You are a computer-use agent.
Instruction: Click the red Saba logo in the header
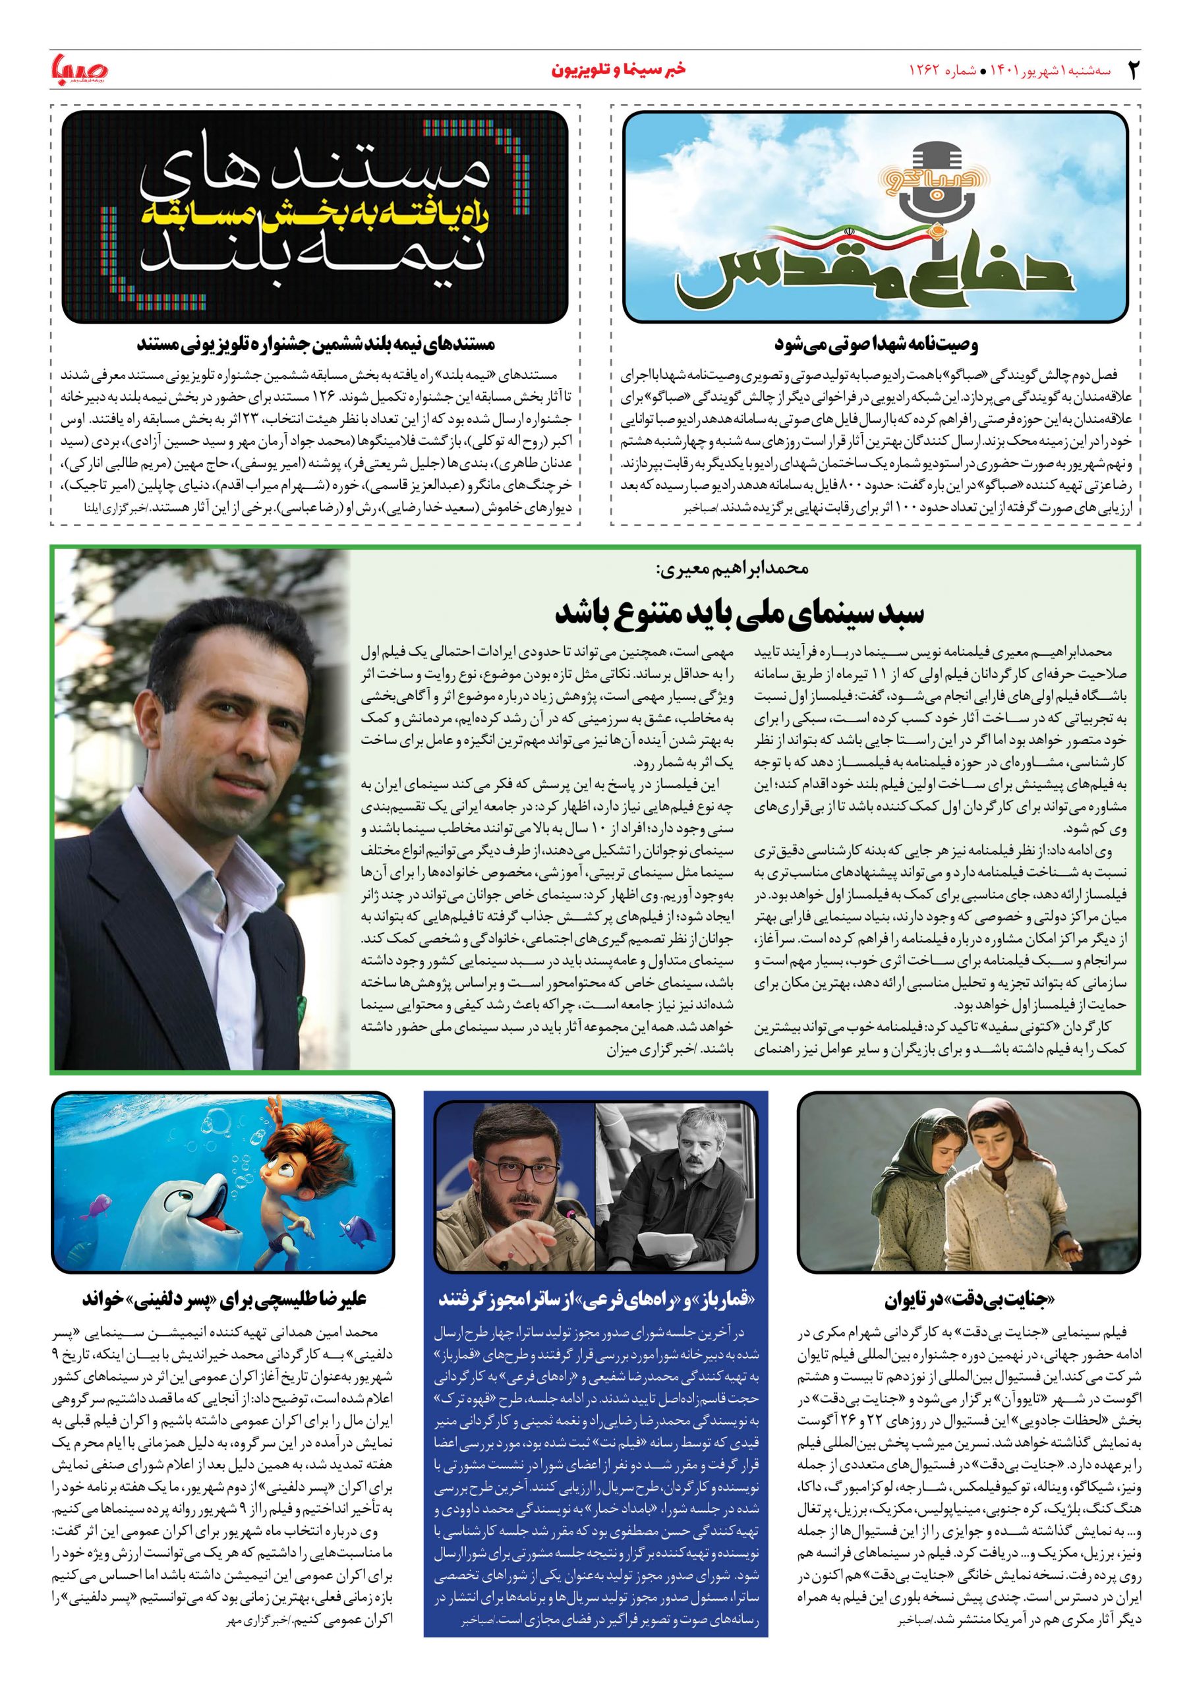[x=79, y=71]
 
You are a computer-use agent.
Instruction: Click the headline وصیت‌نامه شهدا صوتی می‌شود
[x=877, y=344]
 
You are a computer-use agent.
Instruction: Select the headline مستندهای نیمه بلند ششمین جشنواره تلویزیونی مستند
[x=316, y=344]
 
